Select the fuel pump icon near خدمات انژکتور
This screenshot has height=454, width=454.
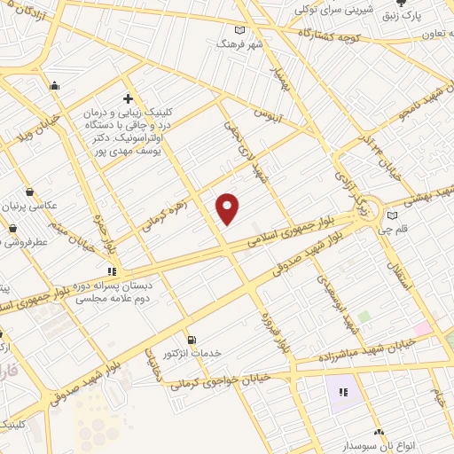click(x=191, y=340)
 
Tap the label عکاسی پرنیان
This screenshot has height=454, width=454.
click(x=38, y=205)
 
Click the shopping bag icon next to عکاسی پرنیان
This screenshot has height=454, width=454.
click(x=30, y=192)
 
